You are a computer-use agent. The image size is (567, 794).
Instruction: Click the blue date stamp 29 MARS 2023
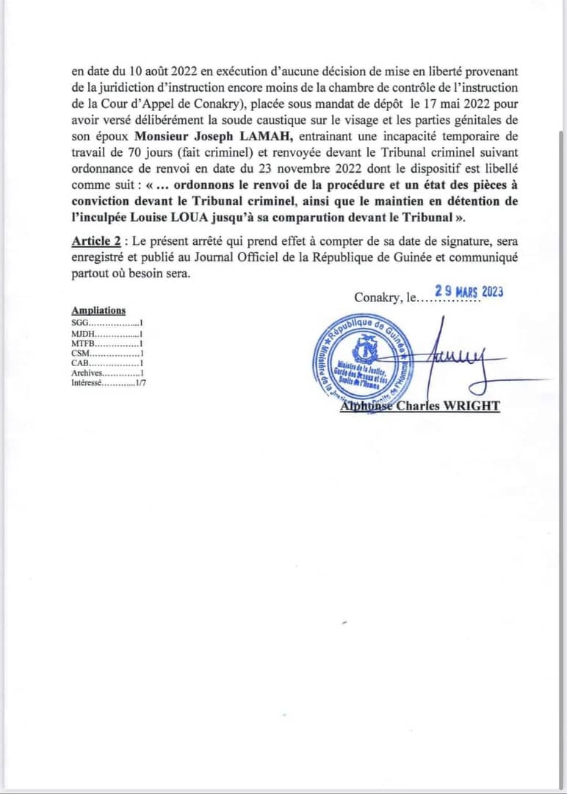469,291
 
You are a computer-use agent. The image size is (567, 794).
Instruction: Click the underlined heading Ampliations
98,310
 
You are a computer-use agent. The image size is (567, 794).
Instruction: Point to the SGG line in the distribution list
106,322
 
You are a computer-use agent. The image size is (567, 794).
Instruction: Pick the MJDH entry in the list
106,333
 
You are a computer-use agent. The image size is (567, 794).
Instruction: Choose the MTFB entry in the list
106,343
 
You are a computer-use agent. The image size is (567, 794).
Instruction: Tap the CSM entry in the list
106,354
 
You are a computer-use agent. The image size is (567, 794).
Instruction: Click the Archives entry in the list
106,373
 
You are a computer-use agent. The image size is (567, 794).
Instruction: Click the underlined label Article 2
95,242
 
